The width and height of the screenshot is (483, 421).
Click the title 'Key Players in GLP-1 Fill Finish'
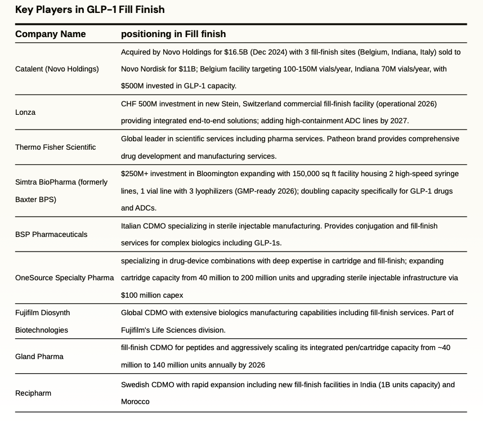(x=90, y=10)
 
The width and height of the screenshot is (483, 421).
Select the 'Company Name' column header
(x=51, y=34)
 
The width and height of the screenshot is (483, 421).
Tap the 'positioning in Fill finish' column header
(x=173, y=34)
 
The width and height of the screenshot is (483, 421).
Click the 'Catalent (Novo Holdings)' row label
(x=57, y=69)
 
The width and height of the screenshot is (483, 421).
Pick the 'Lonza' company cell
(x=25, y=112)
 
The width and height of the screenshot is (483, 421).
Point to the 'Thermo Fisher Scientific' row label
(x=55, y=147)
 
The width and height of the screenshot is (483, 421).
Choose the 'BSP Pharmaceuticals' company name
(x=51, y=234)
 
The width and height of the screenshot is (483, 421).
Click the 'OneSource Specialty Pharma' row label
(x=64, y=277)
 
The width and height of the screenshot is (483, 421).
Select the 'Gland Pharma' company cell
(x=39, y=356)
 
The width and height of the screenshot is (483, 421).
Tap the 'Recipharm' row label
(x=33, y=393)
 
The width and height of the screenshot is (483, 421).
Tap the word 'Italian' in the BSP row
(x=131, y=226)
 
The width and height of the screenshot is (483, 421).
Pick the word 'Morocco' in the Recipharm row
(x=135, y=402)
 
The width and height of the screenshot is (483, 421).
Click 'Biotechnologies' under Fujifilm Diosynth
(x=42, y=330)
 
